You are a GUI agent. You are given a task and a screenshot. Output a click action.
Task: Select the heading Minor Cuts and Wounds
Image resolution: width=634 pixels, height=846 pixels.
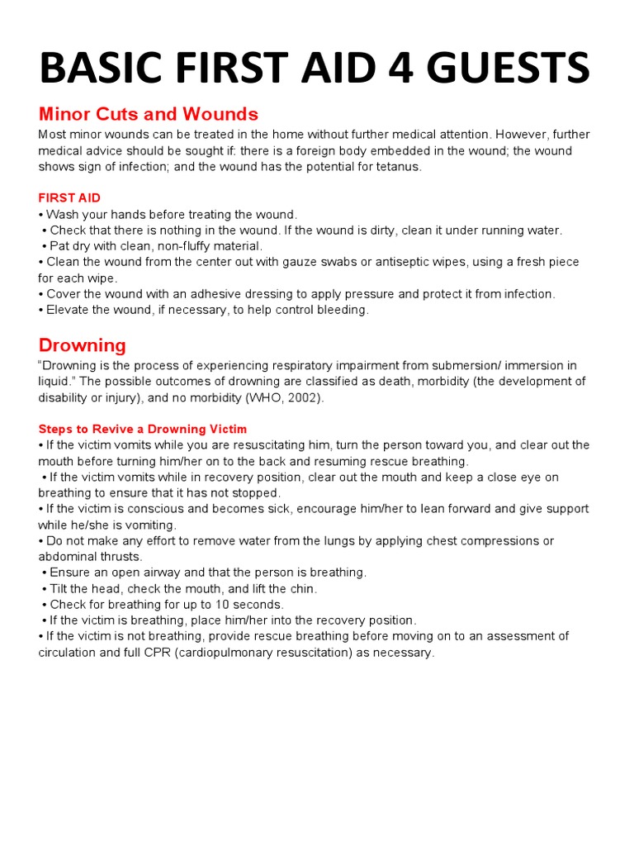coord(149,114)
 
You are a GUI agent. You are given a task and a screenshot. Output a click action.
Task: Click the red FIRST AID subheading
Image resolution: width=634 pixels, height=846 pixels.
coord(69,198)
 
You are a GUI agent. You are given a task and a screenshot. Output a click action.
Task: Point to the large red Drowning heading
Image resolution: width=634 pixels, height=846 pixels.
coord(83,345)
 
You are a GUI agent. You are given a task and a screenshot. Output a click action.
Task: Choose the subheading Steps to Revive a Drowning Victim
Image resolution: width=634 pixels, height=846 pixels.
coord(142,429)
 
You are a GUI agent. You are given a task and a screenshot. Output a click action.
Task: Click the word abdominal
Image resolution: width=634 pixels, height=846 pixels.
coord(64,557)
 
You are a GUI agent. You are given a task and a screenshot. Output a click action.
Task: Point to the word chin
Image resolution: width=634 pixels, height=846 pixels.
coord(303,589)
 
